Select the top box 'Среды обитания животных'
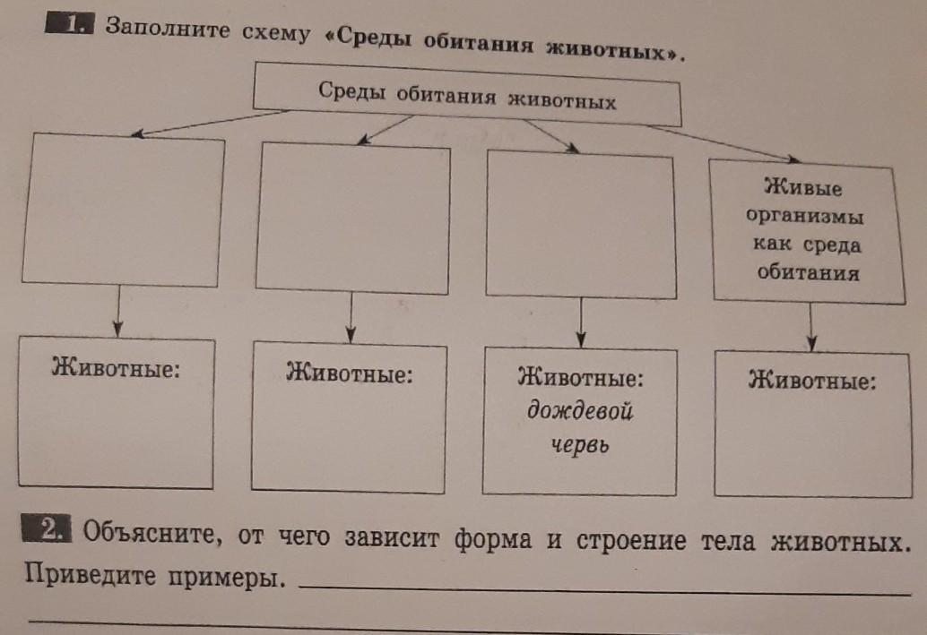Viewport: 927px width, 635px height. tap(467, 96)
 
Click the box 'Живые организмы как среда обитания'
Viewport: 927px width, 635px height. tap(803, 231)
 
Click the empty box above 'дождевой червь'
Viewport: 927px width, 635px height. tap(580, 226)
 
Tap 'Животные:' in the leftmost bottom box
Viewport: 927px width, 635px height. tap(116, 368)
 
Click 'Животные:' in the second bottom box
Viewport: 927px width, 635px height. tap(349, 373)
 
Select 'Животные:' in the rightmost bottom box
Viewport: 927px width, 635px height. tap(811, 381)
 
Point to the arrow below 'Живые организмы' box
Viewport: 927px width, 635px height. tap(811, 326)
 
